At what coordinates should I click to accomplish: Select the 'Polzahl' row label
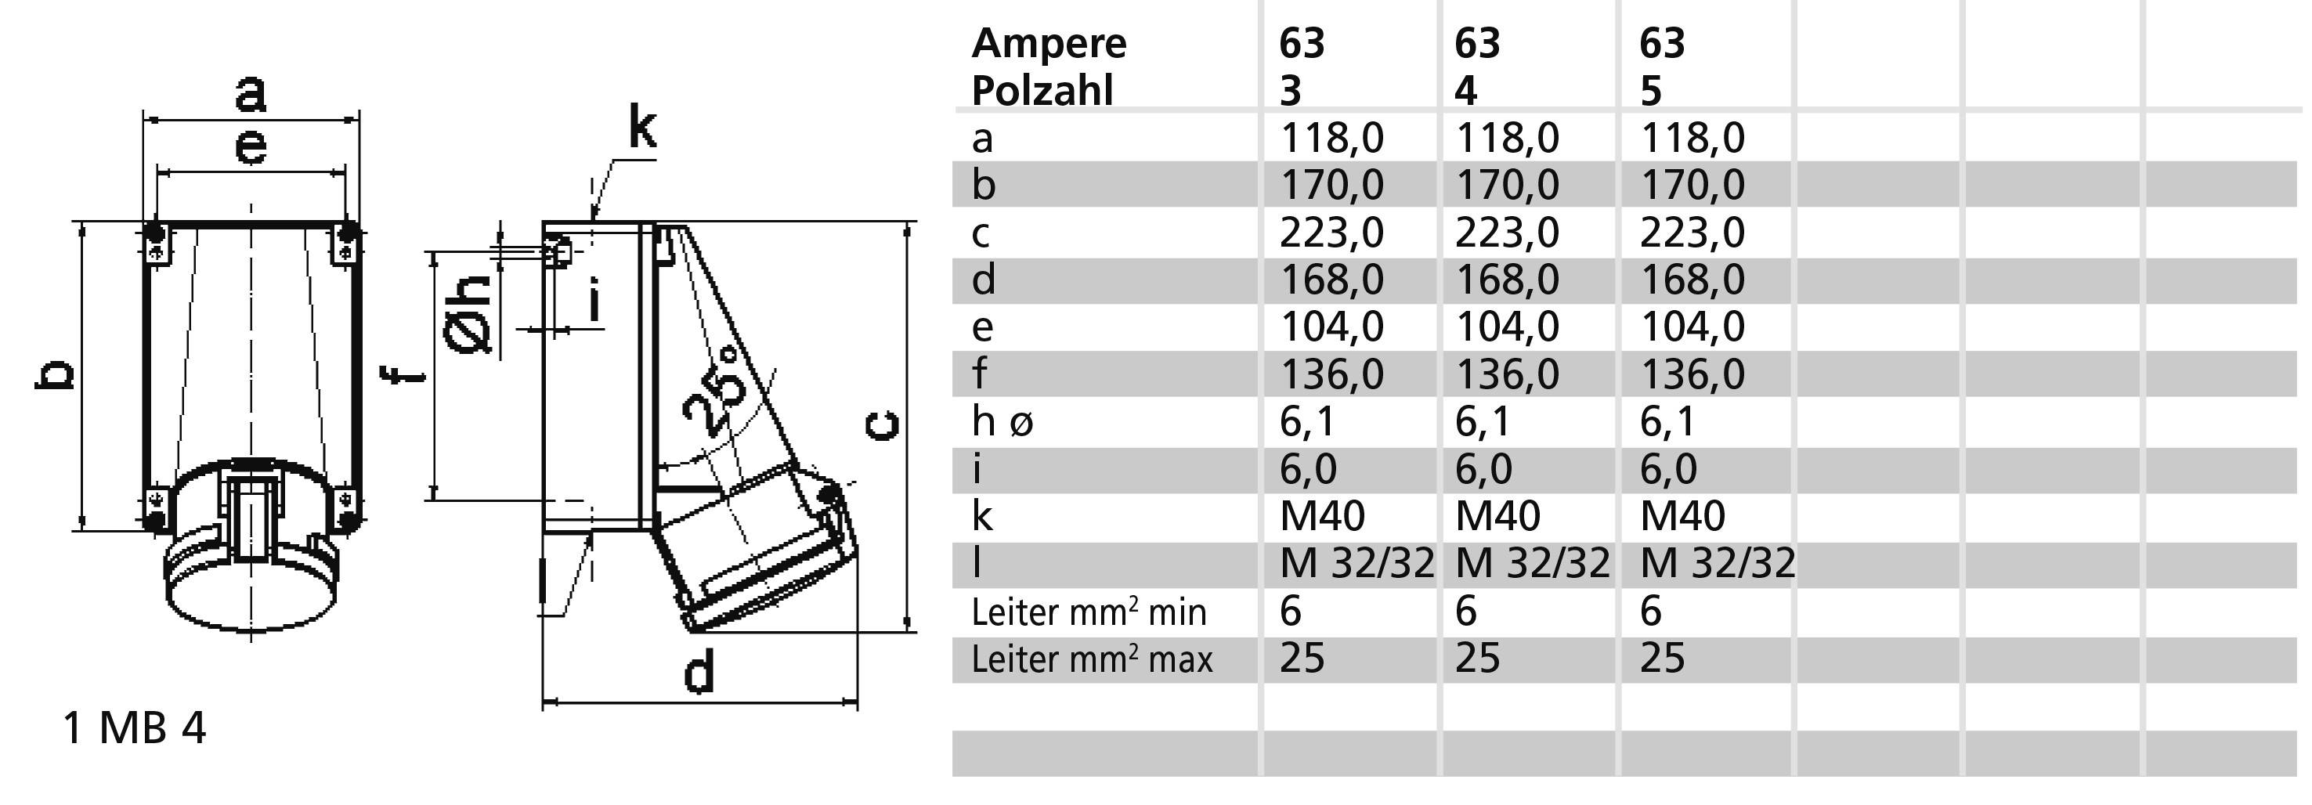point(1041,91)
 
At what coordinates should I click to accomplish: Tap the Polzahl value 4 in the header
point(1465,91)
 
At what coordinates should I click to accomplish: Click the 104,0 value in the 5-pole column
point(1692,326)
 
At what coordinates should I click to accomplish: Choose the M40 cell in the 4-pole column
point(1497,516)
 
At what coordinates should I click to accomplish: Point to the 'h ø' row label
point(1002,421)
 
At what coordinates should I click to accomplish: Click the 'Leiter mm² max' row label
point(1091,659)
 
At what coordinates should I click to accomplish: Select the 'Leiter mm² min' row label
point(1089,612)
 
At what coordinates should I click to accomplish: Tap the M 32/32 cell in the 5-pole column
point(1717,564)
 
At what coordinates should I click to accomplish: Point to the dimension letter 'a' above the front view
point(251,93)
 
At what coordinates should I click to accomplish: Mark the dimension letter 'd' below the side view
point(699,673)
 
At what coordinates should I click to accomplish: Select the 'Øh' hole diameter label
point(468,313)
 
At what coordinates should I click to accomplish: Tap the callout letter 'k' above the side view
point(641,128)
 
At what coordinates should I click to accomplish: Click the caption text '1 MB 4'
point(134,727)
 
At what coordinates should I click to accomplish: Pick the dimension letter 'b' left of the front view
point(54,376)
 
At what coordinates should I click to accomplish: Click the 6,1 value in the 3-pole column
point(1308,421)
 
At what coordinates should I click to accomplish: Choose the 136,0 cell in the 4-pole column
point(1506,374)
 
